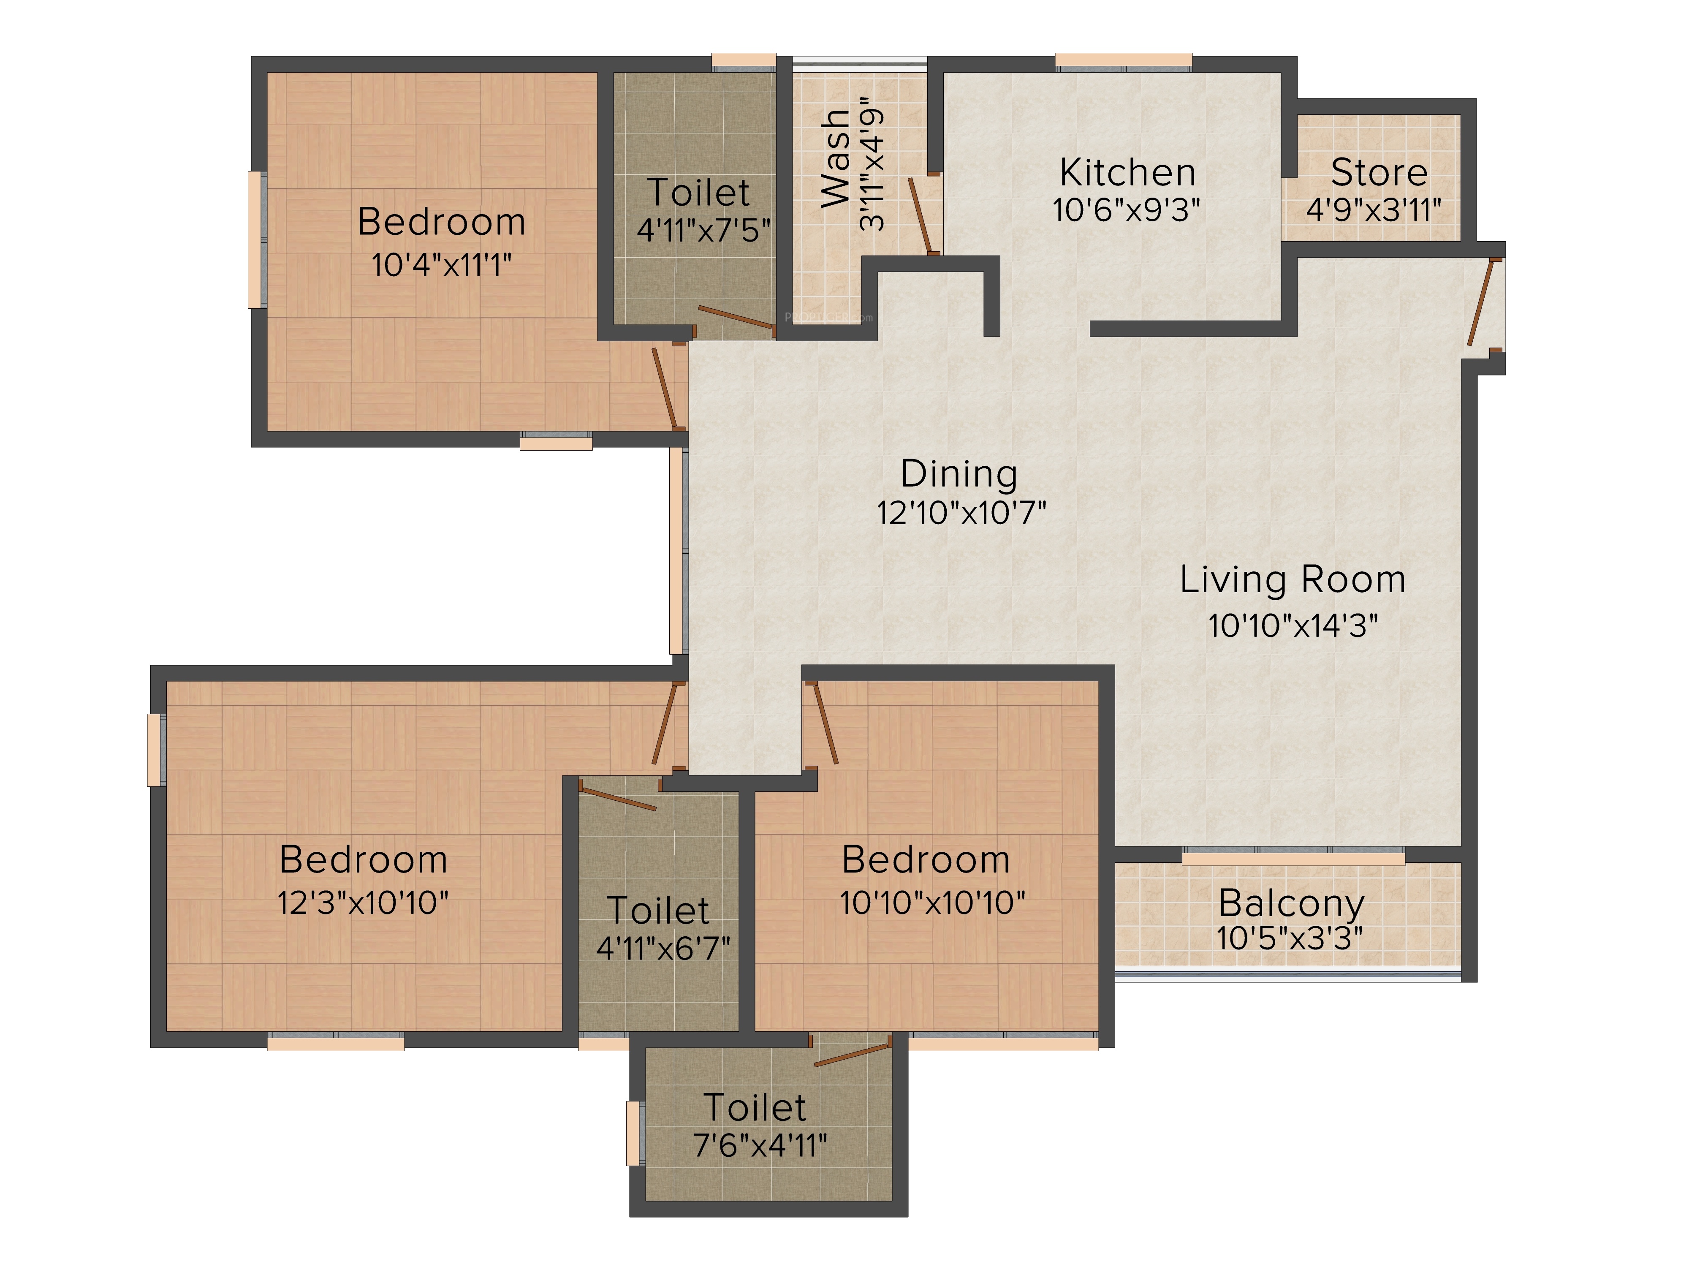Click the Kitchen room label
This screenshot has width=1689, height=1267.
[x=1127, y=173]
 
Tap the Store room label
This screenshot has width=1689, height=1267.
[x=1379, y=173]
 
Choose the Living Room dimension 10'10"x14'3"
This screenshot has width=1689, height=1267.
[x=1293, y=625]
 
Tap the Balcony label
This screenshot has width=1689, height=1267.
[x=1291, y=903]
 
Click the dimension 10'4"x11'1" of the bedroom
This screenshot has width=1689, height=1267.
[x=441, y=265]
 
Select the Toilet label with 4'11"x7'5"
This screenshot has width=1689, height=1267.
[x=698, y=193]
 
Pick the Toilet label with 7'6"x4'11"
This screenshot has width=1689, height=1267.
[x=755, y=1107]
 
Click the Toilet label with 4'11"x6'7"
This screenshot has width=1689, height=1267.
[x=658, y=911]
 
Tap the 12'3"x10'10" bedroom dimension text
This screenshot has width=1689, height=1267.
[x=363, y=903]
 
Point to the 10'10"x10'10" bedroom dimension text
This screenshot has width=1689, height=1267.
[x=932, y=903]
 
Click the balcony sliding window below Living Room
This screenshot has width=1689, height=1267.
[x=1293, y=858]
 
